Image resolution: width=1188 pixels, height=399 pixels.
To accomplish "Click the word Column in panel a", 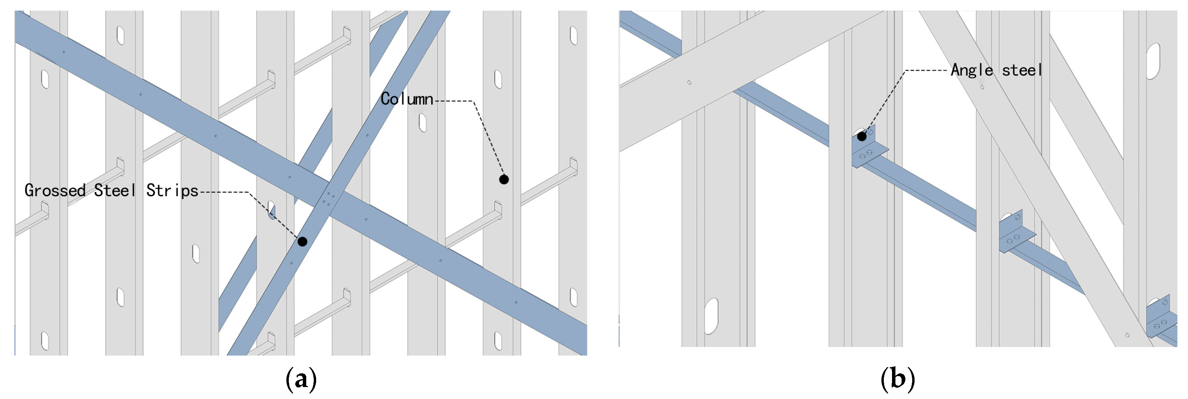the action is (x=407, y=99).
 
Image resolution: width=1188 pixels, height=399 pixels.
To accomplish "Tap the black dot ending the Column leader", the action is (x=504, y=179).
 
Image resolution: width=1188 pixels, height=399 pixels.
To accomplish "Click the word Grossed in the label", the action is (x=55, y=190).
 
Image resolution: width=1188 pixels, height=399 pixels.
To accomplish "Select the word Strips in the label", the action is (x=172, y=190).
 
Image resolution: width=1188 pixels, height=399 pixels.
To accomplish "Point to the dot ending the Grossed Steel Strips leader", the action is (x=302, y=241).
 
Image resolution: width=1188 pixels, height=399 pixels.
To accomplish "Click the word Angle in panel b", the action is (x=972, y=70).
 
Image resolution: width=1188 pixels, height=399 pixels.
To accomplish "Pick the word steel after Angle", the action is (x=1022, y=70).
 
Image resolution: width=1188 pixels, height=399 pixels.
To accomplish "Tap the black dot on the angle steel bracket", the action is (x=862, y=136).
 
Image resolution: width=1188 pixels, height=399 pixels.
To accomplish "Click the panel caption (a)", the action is (x=301, y=379).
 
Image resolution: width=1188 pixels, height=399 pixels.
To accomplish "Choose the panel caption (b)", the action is (x=897, y=379).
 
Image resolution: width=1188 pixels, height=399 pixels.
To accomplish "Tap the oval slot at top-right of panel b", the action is (x=1153, y=61).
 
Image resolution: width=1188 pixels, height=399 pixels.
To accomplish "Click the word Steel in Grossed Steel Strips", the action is (x=115, y=190).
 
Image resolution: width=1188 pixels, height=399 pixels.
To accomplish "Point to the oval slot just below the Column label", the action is (x=422, y=123).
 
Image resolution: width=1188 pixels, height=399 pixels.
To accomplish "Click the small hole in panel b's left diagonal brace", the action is (x=689, y=82).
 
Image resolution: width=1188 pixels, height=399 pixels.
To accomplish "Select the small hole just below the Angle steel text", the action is (x=982, y=87).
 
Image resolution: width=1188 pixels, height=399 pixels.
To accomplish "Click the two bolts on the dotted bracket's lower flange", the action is (x=866, y=154).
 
